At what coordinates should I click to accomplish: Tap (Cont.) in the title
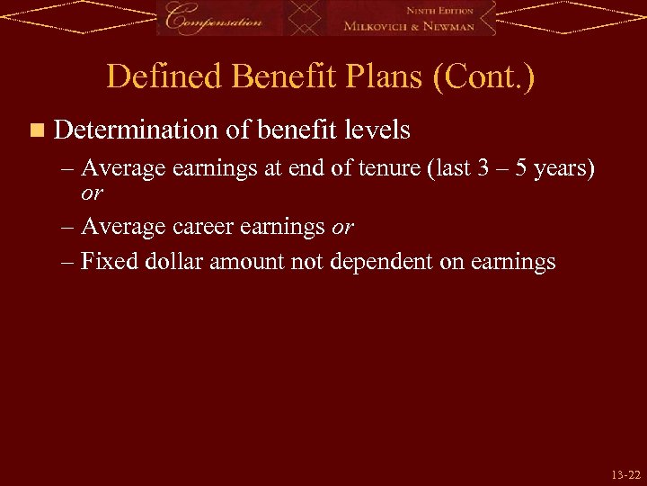point(484,76)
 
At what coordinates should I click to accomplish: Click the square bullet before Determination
point(35,131)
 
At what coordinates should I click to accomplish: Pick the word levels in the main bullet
point(377,130)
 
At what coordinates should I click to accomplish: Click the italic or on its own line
point(92,193)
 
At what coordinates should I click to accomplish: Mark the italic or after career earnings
point(342,228)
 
